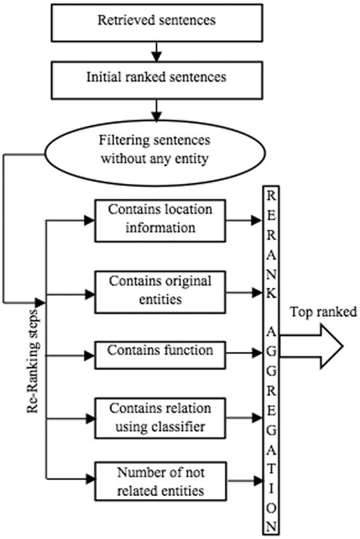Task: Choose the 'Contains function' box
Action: pyautogui.click(x=160, y=350)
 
